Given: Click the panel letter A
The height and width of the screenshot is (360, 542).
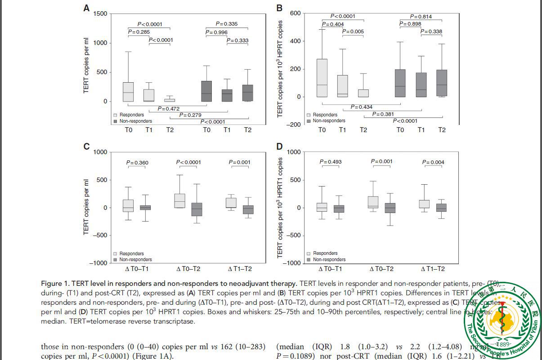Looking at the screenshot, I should pos(86,8).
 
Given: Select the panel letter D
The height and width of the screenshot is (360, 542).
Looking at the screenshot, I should pos(279,147).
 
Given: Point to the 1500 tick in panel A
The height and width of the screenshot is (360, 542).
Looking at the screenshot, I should pos(100,14).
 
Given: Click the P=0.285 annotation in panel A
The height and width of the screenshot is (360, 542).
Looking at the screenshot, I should pos(139,32).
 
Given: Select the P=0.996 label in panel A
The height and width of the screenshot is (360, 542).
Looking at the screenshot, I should pos(216,32).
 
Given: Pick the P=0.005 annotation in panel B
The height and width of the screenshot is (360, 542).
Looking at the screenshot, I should pos(353,31).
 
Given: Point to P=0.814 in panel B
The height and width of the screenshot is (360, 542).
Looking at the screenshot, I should pos(421,17).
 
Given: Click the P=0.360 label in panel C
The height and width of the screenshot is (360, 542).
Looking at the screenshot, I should pos(137,163).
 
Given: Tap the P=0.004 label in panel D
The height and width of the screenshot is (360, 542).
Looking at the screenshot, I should pos(433,162).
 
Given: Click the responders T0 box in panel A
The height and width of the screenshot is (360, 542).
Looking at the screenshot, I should pos(128,92).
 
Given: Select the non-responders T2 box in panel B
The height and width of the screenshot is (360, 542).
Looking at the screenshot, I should pos(442,83).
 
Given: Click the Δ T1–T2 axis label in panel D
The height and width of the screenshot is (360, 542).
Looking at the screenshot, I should pos(433,269).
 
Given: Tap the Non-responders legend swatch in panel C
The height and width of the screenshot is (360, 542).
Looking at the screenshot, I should pos(116,260).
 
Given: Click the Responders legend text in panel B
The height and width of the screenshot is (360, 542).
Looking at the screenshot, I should pos(325,115).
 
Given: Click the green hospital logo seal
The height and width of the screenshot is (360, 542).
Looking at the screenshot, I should pos(503,320).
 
